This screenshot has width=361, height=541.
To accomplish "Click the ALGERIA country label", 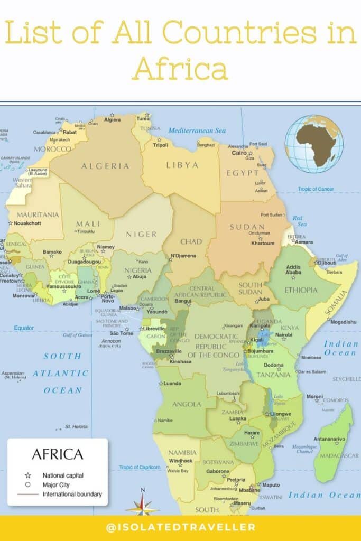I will coord(105,166).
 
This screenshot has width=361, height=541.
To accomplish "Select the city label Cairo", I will coord(239,153).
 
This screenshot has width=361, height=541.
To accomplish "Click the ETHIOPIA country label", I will coord(301,290).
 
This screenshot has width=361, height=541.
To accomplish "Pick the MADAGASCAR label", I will coord(337,455).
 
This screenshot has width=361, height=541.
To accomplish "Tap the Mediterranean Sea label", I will coord(197,130).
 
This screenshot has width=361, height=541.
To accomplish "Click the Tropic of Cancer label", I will coord(316,189).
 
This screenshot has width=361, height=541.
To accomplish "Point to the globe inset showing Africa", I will coord(314,144).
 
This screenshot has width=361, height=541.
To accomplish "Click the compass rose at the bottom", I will coord(142,503).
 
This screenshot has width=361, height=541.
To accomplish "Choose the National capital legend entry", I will coord(62,475).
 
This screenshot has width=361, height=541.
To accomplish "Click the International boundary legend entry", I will coord(72,495).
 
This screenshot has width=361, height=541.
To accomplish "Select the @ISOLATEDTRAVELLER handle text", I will coord(181,527).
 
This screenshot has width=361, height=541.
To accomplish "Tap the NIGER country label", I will coord(142,234).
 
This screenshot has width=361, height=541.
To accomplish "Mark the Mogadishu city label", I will coord(343,321).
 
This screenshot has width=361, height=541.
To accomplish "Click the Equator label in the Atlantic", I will coord(24,328).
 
